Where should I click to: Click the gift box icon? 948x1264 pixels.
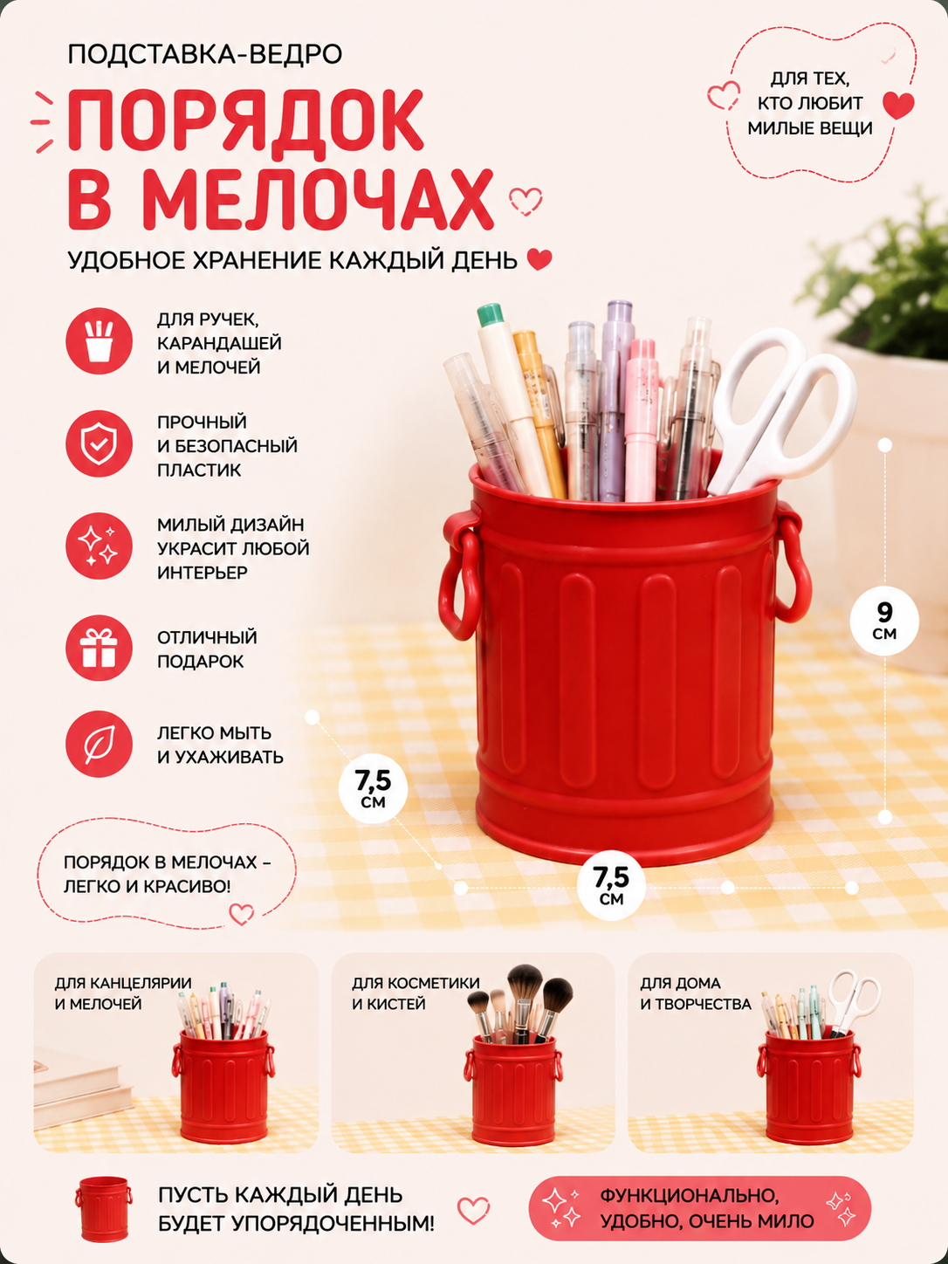pos(99,649)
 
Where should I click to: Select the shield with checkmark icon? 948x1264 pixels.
pos(99,444)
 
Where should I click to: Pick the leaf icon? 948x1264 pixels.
pos(99,744)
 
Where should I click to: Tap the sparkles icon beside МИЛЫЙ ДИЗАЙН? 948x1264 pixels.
pos(99,546)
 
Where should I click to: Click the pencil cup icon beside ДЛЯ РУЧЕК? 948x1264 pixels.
pos(99,341)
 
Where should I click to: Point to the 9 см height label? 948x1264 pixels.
pos(884,621)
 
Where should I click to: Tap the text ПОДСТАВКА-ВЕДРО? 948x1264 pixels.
pos(205,55)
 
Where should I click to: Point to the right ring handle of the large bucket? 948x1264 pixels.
pos(793,567)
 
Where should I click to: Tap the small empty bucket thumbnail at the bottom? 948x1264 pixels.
pos(104,1209)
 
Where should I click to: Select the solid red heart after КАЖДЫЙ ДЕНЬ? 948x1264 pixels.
pos(539,260)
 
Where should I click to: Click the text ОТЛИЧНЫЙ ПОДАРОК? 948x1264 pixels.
pos(207,649)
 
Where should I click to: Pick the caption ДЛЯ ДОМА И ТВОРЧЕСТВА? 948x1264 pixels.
pos(696,993)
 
